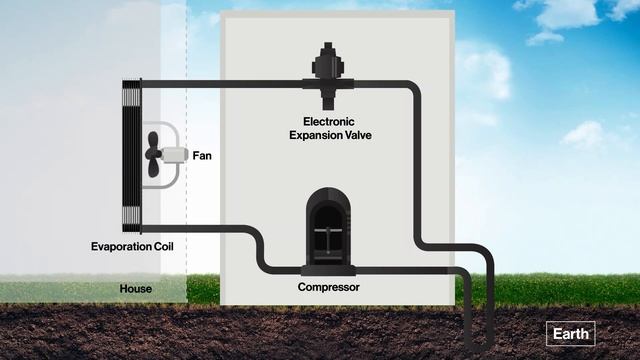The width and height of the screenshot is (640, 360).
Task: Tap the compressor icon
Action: pos(329,228)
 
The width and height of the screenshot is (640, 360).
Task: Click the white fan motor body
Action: pos(175,156)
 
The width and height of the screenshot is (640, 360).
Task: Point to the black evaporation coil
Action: pos(130,155)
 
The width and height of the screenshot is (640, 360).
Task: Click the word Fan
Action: pos(202,156)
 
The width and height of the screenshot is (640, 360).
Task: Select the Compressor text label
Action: pos(329,288)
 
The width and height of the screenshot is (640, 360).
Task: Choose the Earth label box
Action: pos(571,334)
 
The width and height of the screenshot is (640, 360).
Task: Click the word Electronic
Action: pos(329,121)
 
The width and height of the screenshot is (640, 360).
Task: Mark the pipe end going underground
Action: pos(491,340)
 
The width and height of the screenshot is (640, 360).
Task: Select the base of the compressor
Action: pos(329,268)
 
